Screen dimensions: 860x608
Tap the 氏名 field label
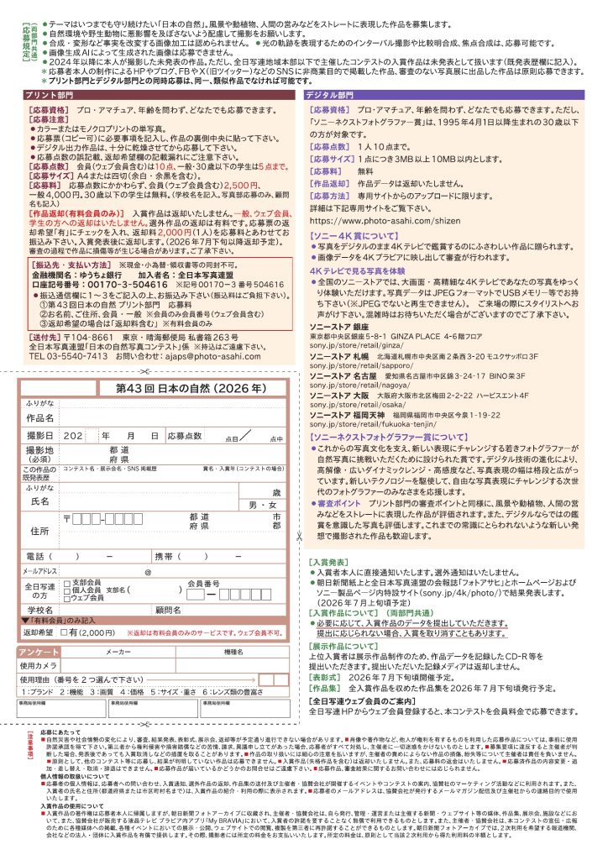click(x=40, y=501)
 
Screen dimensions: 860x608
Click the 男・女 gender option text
click(x=264, y=505)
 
